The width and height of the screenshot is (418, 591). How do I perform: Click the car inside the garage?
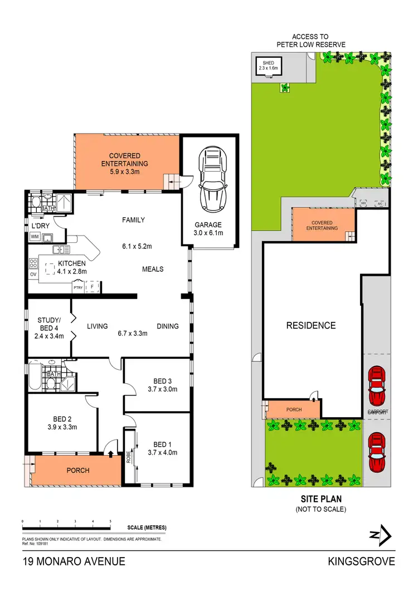[211, 177]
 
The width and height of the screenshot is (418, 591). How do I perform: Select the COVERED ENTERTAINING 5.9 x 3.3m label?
[128, 164]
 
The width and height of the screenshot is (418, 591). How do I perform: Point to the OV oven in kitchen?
[32, 274]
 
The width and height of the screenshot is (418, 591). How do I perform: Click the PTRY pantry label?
[78, 288]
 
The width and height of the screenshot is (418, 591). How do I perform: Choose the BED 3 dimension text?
[165, 389]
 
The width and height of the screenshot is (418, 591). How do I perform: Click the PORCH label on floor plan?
[78, 471]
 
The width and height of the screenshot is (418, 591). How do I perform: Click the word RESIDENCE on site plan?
[311, 325]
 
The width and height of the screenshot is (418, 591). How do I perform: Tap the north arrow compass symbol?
[381, 535]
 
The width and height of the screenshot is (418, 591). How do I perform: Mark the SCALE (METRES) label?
[147, 527]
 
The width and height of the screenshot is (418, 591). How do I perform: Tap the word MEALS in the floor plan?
[153, 269]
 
